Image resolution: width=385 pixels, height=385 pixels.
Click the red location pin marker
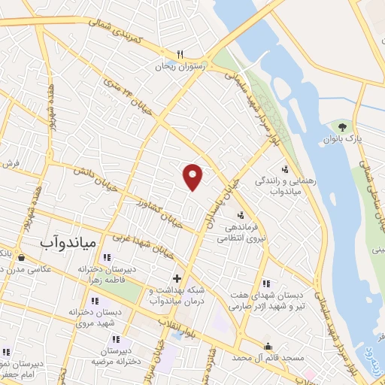193,176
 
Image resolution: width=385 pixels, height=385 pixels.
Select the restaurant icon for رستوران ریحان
179,54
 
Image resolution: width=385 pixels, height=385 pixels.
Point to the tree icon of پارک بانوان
343,126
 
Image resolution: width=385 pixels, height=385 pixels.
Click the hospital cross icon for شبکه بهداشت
176,278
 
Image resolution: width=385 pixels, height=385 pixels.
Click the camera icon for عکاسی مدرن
20,258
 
